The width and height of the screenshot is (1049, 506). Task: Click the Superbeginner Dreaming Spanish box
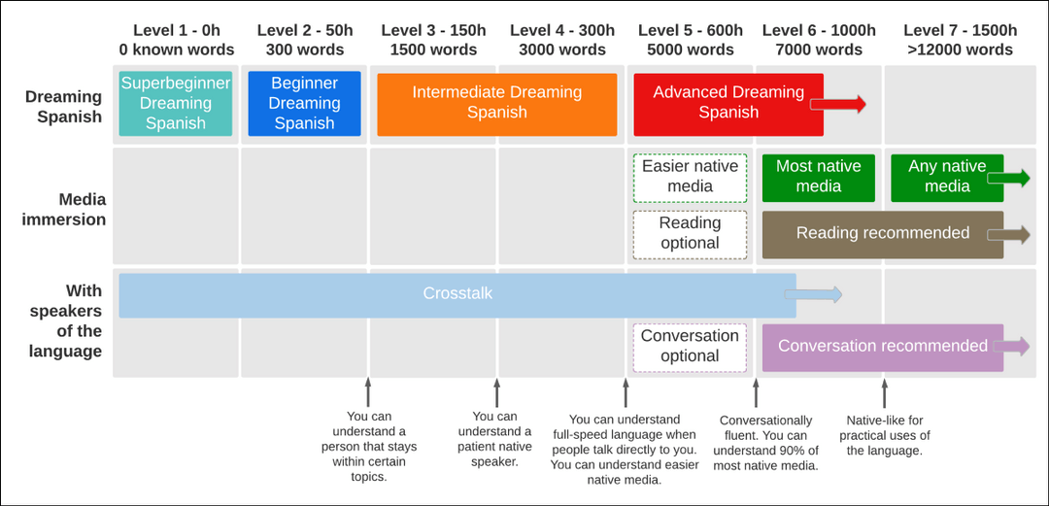point(176,103)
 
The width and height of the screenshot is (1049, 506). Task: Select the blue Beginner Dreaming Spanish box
point(304,103)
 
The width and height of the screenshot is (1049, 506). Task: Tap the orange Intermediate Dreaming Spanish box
point(496,103)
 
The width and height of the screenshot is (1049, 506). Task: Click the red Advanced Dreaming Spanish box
point(728,103)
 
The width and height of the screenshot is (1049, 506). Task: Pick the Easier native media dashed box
point(690,177)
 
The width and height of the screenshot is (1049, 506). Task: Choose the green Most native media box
point(818,177)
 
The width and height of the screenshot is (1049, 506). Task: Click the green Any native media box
point(946,177)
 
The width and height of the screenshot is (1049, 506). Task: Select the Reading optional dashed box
point(690,233)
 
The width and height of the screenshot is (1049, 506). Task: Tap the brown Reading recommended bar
point(882,233)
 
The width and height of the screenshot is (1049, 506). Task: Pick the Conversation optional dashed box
point(690,346)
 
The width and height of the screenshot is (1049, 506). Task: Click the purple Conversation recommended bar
point(882,347)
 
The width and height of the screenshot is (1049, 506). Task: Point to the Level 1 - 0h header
point(176,40)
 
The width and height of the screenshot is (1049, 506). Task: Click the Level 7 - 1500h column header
point(960,40)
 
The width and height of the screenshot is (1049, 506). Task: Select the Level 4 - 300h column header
point(561,40)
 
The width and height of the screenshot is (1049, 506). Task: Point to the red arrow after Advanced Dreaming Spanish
point(841,105)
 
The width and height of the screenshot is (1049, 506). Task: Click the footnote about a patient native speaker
point(494,439)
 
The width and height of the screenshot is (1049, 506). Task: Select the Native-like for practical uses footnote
point(884,435)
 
